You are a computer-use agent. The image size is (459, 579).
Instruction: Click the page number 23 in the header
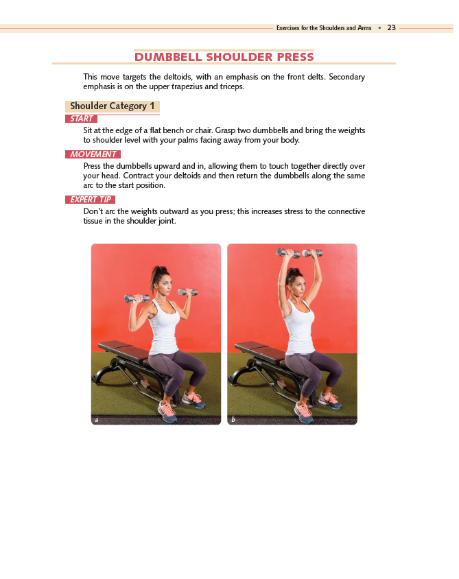click(x=392, y=27)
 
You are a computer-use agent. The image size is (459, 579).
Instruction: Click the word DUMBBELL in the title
click(x=168, y=57)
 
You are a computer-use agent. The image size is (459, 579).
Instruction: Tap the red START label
click(x=81, y=119)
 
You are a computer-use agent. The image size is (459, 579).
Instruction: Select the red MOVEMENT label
click(x=93, y=154)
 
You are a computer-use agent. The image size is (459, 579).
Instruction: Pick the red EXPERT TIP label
click(x=90, y=200)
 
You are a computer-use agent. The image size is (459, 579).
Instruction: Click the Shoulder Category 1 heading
click(x=113, y=106)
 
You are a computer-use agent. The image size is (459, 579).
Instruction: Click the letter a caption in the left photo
click(x=97, y=420)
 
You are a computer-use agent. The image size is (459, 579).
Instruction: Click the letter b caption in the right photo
click(x=233, y=419)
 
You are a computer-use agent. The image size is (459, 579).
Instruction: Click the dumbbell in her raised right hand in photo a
click(x=137, y=298)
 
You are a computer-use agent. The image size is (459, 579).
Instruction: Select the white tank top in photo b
click(x=299, y=327)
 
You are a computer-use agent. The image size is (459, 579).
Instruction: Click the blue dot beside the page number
click(x=379, y=28)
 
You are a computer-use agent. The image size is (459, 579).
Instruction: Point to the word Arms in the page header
click(x=364, y=28)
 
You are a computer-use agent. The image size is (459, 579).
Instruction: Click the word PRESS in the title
click(x=296, y=57)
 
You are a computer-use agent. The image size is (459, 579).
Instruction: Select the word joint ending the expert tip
click(x=167, y=221)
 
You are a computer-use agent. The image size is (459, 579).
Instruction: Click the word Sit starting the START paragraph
click(x=88, y=130)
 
